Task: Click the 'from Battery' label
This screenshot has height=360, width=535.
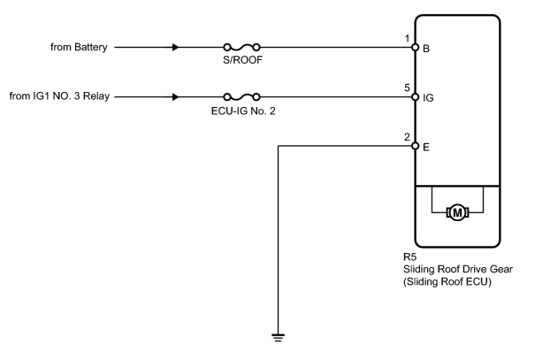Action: (79, 47)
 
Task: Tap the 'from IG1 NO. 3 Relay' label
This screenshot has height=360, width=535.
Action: (59, 96)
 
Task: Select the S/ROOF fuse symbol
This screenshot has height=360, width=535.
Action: (241, 48)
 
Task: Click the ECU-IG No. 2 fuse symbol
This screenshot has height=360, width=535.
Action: (241, 97)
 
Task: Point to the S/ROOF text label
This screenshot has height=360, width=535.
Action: (242, 60)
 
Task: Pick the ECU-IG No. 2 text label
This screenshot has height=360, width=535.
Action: (243, 111)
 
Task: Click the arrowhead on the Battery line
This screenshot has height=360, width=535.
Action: (175, 48)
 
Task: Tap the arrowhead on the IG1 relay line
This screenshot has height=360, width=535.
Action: (175, 97)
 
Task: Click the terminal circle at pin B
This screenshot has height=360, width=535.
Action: (416, 48)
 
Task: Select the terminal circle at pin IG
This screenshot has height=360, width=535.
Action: (416, 97)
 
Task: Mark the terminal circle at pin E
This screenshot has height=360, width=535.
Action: (416, 146)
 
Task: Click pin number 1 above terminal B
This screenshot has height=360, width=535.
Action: (407, 39)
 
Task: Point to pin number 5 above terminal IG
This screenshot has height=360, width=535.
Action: (407, 88)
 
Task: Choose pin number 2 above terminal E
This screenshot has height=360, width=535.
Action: (407, 137)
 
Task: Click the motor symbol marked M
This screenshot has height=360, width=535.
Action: (457, 212)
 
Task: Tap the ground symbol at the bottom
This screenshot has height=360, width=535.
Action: (278, 338)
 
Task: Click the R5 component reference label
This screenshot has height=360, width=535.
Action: (409, 257)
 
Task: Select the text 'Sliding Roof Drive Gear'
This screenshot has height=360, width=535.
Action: (458, 269)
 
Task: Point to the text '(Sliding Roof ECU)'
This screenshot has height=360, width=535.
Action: (447, 282)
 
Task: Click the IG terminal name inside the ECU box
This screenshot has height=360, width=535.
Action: (428, 98)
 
